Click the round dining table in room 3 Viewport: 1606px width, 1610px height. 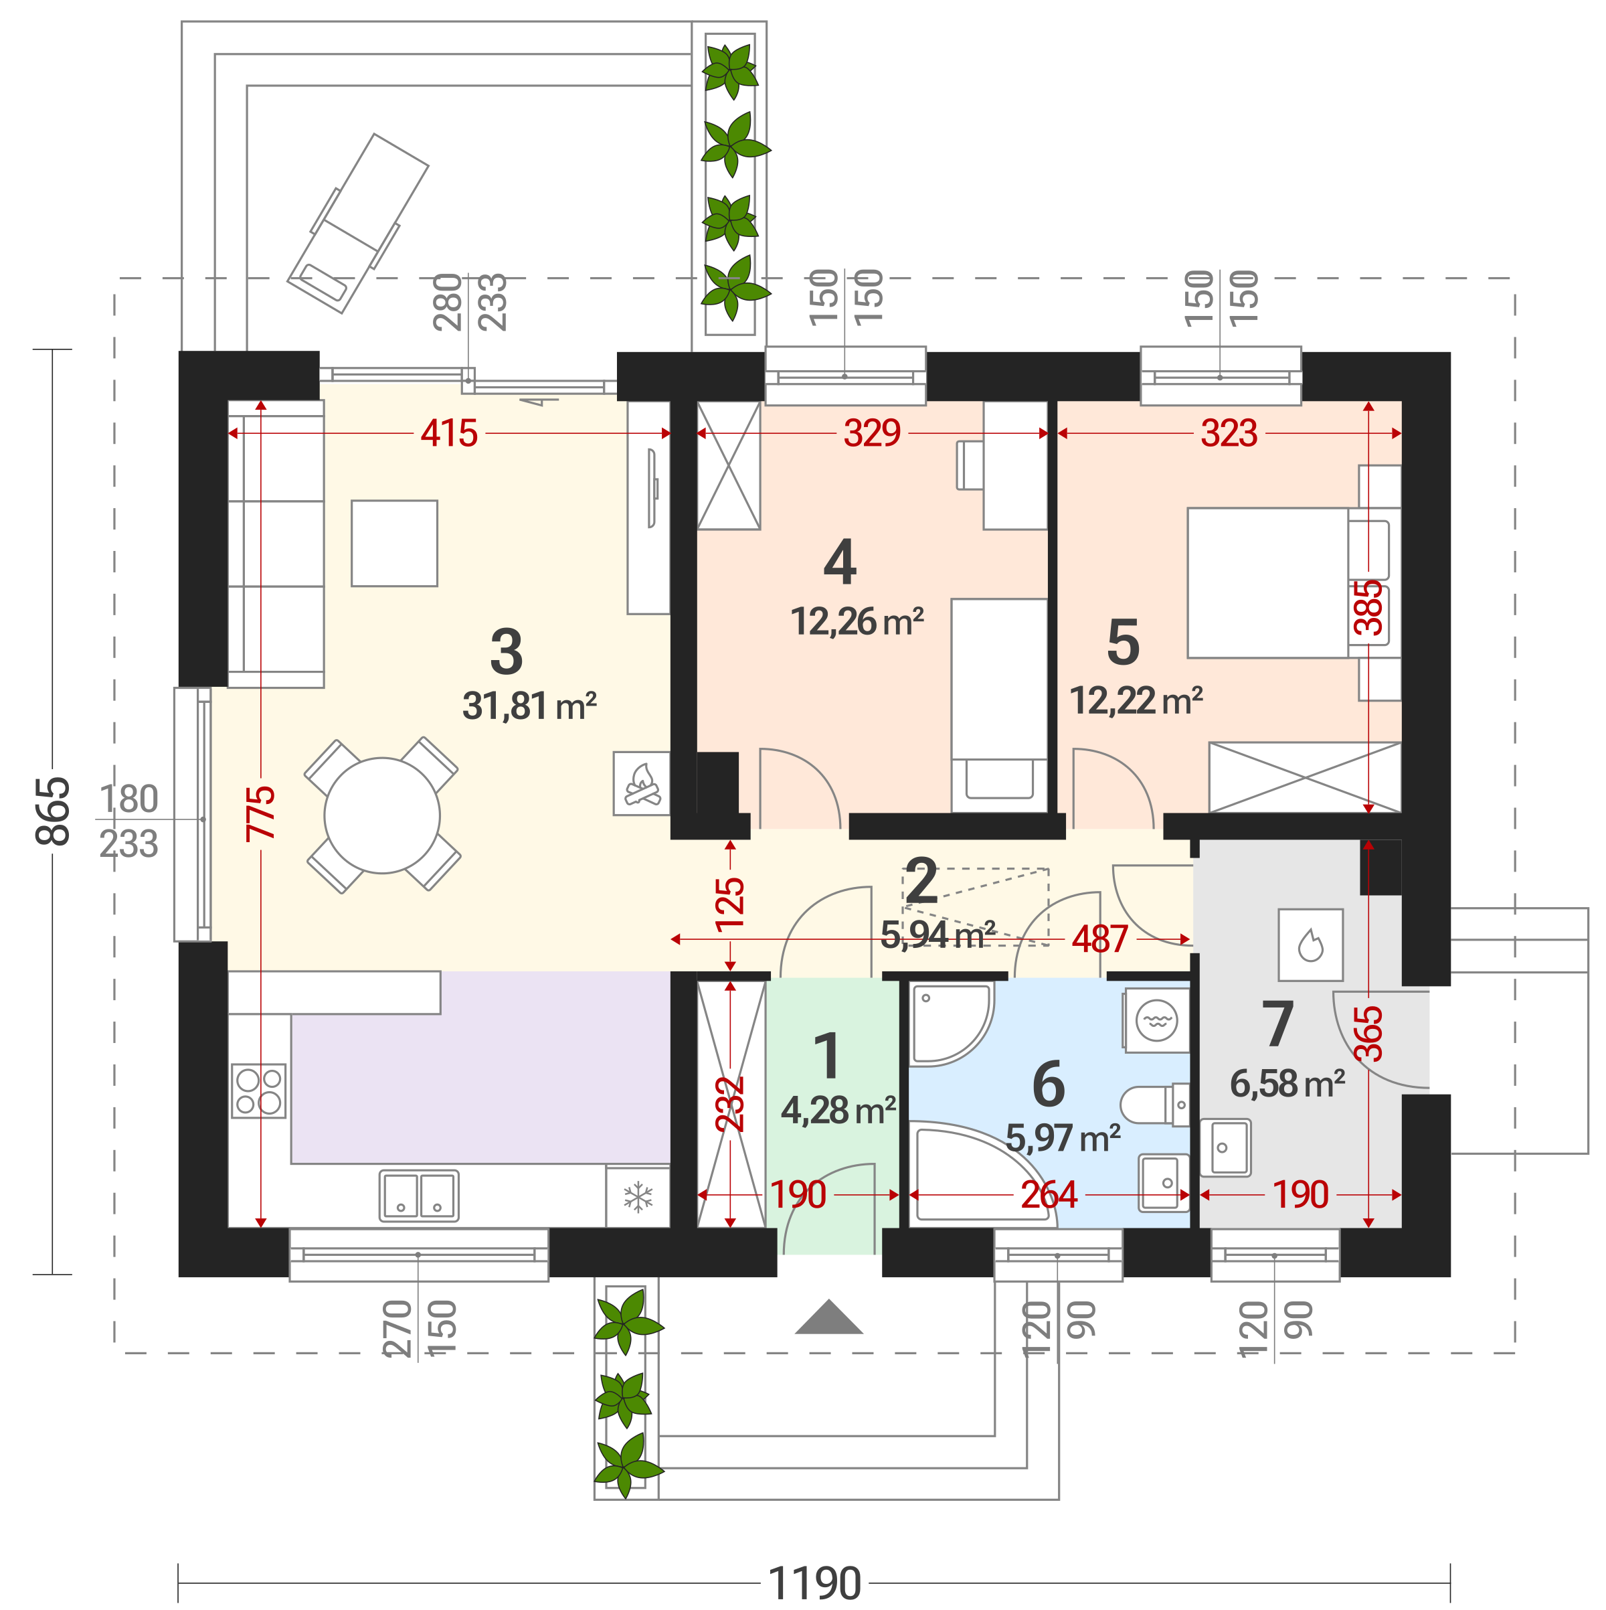click(382, 816)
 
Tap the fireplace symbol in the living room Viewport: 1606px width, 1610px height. click(642, 783)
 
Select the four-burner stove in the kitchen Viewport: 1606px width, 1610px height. click(258, 1091)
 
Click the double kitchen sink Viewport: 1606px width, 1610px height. click(419, 1196)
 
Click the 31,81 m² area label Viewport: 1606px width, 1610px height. click(530, 706)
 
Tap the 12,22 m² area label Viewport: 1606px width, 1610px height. click(1136, 701)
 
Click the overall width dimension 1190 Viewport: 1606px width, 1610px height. click(814, 1583)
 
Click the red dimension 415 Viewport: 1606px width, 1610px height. click(449, 433)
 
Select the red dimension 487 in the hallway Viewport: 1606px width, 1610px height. click(1099, 939)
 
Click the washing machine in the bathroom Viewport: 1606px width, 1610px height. click(1156, 1020)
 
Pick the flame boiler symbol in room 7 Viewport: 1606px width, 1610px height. click(1310, 944)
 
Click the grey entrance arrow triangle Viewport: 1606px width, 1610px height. click(829, 1317)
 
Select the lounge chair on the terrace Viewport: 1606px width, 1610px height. click(358, 224)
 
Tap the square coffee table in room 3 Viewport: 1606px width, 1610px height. click(395, 544)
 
